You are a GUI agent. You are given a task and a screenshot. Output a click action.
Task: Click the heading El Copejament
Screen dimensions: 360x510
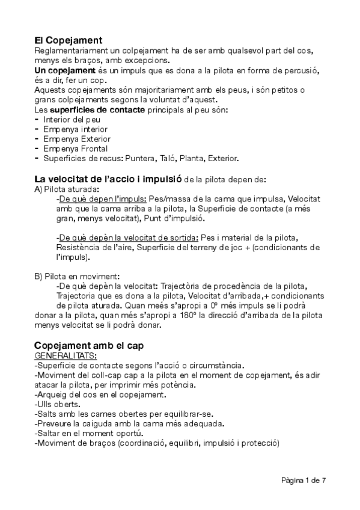click(x=69, y=40)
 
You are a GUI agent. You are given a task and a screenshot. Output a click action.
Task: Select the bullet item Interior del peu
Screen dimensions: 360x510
click(x=67, y=120)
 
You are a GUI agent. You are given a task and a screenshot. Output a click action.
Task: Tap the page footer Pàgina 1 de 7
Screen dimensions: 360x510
click(x=303, y=480)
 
